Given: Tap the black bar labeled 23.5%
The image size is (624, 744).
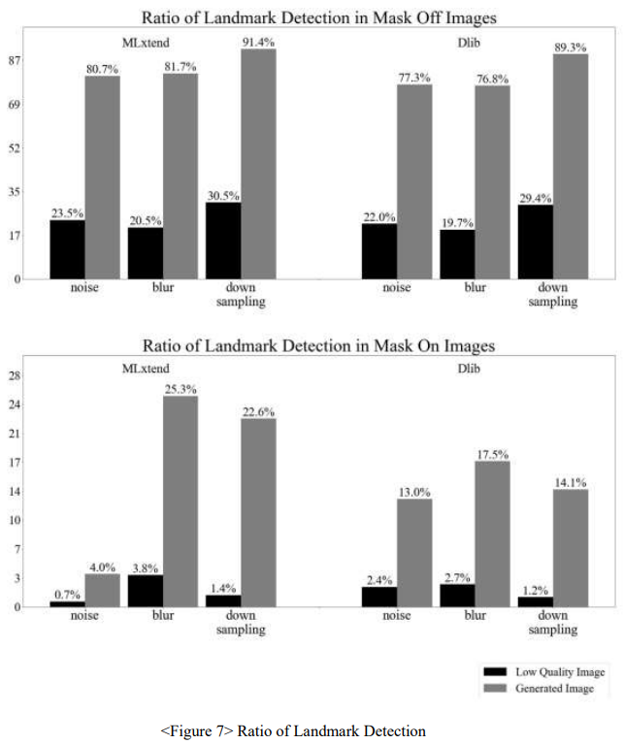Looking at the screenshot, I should [67, 249].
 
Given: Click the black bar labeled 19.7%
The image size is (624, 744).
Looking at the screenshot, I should [457, 254].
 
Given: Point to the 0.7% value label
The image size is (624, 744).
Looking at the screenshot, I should [67, 595].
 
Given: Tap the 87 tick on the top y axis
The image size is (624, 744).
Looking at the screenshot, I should [16, 60].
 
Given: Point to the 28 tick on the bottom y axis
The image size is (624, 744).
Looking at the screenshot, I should [16, 375].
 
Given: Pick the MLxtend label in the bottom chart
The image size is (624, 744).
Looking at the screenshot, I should [146, 369].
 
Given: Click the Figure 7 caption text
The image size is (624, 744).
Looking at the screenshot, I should [293, 730].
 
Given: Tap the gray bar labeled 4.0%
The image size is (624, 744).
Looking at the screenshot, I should [102, 591].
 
